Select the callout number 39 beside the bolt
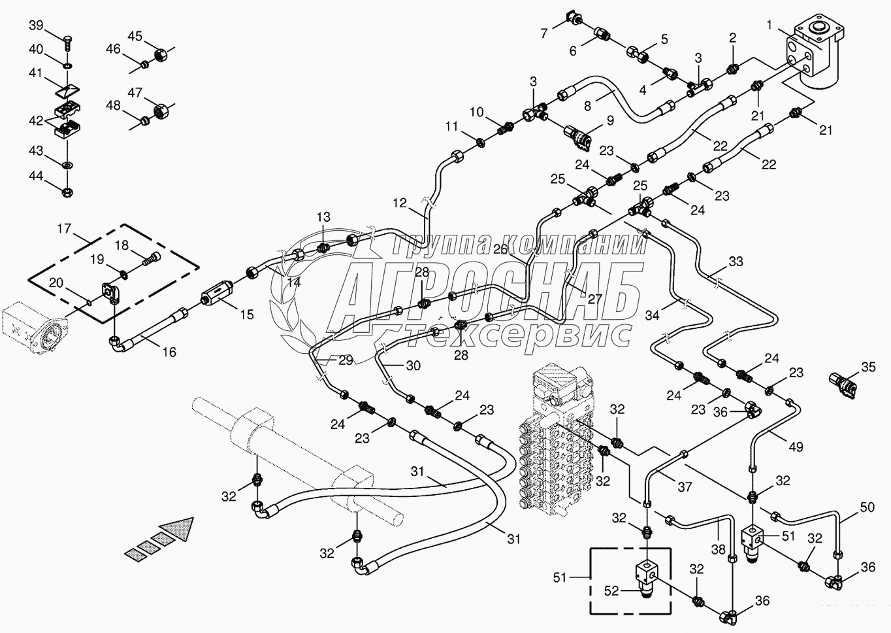(x=36, y=25)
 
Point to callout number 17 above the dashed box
(x=63, y=229)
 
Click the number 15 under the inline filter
(x=246, y=315)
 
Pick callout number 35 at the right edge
(x=868, y=368)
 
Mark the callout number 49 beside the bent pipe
(x=796, y=447)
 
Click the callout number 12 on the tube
(x=400, y=204)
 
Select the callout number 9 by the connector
(x=610, y=120)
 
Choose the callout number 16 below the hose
(x=169, y=352)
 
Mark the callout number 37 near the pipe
(x=684, y=487)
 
